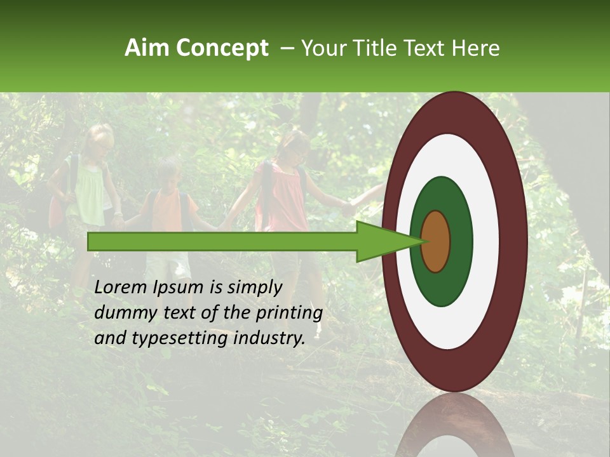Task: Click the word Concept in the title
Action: pos(221,49)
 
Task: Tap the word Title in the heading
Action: pos(378,48)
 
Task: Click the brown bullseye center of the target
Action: pos(436,241)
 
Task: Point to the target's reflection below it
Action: pos(454,425)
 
